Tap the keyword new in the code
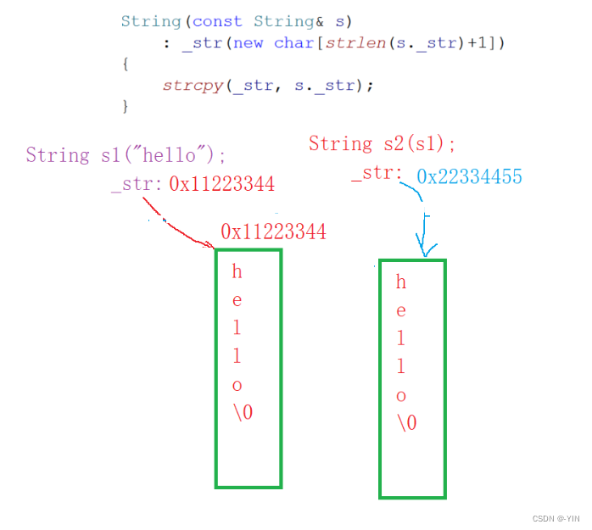(x=248, y=42)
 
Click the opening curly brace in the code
(x=126, y=64)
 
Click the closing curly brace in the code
(x=126, y=107)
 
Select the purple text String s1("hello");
(x=126, y=155)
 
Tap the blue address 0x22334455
(x=469, y=176)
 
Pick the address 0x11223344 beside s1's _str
(x=221, y=184)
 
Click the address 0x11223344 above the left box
(x=273, y=232)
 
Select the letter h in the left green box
(x=237, y=271)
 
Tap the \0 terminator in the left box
(x=243, y=412)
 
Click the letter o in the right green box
(x=401, y=395)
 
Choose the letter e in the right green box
(x=401, y=311)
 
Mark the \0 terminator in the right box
(x=406, y=423)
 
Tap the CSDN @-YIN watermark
(x=556, y=517)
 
